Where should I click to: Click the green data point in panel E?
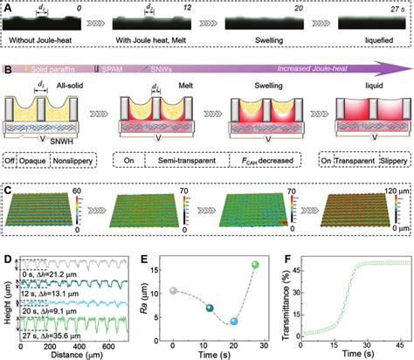coord(255,265)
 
